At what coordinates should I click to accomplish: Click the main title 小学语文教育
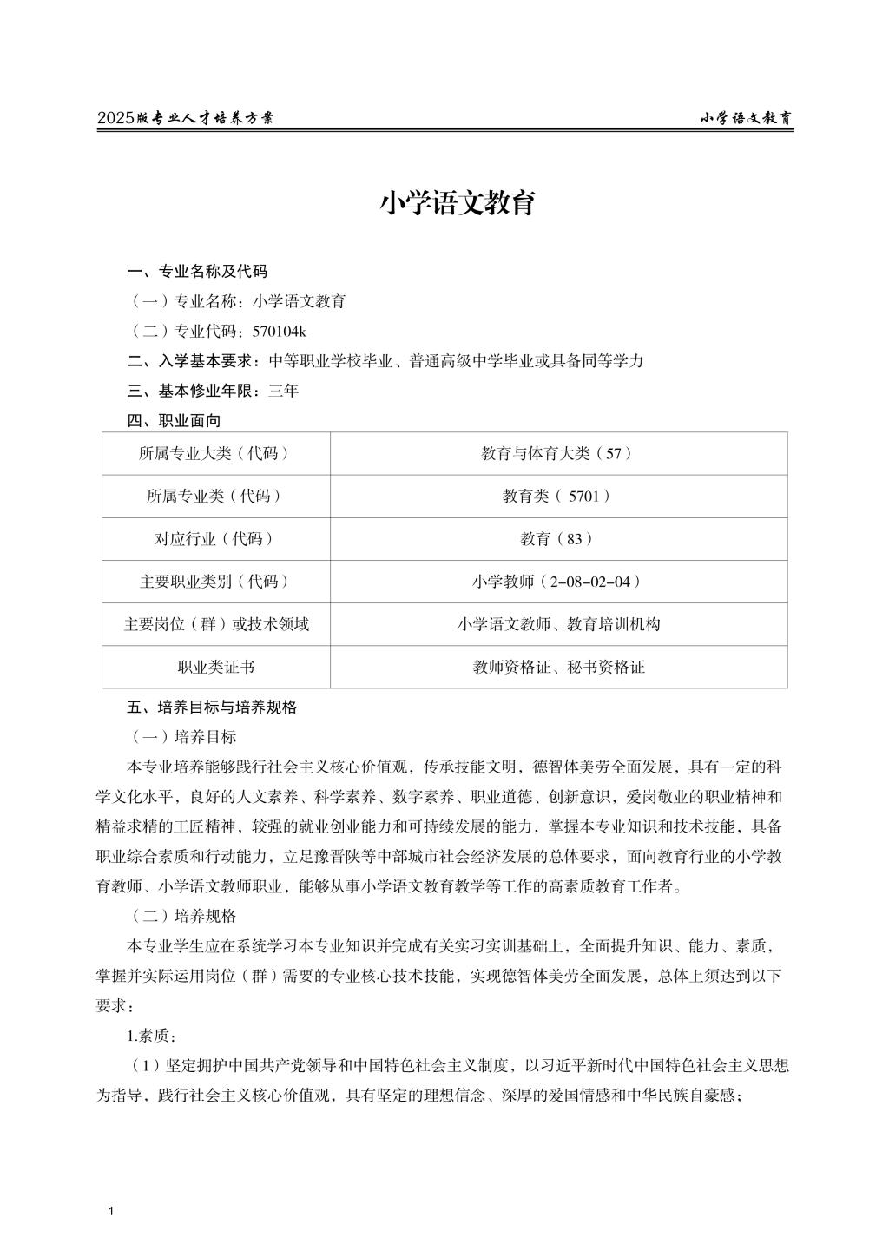pyautogui.click(x=457, y=203)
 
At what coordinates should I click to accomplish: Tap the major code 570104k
pyautogui.click(x=280, y=331)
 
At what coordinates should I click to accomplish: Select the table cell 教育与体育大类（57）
pyautogui.click(x=557, y=453)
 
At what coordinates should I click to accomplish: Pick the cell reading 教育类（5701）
pyautogui.click(x=557, y=496)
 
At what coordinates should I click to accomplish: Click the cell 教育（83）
pyautogui.click(x=557, y=538)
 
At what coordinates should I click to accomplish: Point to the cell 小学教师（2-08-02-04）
pyautogui.click(x=557, y=582)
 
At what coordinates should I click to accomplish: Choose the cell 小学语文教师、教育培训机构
pyautogui.click(x=557, y=624)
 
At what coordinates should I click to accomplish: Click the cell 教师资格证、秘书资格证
pyautogui.click(x=557, y=667)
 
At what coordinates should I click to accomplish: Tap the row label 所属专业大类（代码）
pyautogui.click(x=215, y=453)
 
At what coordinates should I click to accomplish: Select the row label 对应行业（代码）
pyautogui.click(x=215, y=538)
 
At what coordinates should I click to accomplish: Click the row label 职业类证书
pyautogui.click(x=215, y=667)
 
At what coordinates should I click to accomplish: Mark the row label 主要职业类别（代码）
pyautogui.click(x=215, y=582)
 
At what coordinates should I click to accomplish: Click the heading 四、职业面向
pyautogui.click(x=174, y=421)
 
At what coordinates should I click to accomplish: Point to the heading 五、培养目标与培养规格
pyautogui.click(x=212, y=707)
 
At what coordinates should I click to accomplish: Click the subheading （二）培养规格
pyautogui.click(x=183, y=916)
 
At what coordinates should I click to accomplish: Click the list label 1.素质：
pyautogui.click(x=152, y=1036)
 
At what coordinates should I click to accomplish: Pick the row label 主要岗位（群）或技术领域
pyautogui.click(x=215, y=624)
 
